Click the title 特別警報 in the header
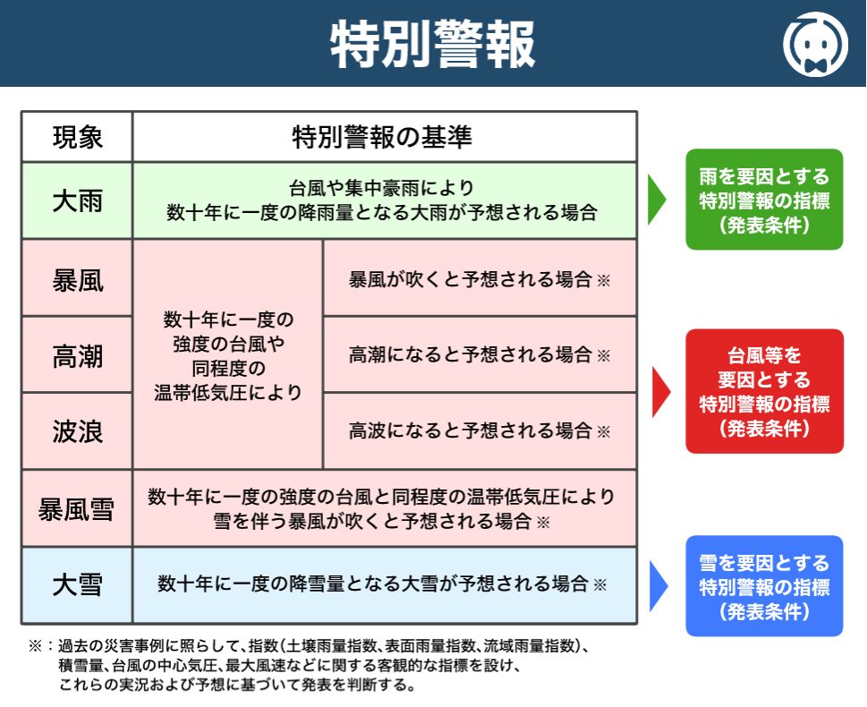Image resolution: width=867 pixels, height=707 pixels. [433, 44]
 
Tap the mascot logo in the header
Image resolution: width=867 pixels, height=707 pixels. [815, 43]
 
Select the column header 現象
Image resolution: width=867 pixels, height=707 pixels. [77, 137]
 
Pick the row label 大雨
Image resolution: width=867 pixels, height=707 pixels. [77, 200]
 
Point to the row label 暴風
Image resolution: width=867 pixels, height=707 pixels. [77, 279]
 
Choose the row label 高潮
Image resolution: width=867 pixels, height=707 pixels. [77, 355]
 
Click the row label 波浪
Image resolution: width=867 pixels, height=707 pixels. [77, 431]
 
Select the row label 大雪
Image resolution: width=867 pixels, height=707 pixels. [77, 585]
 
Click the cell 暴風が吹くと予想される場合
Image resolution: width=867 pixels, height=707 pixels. [479, 279]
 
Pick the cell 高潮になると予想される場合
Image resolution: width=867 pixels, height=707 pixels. [479, 355]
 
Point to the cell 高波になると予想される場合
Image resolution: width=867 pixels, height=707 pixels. [479, 431]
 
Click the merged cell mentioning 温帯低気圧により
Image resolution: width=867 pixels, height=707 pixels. [227, 355]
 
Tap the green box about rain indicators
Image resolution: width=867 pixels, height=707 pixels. [764, 200]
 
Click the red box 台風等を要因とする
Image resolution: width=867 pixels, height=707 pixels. [764, 391]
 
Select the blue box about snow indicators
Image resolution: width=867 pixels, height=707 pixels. [764, 586]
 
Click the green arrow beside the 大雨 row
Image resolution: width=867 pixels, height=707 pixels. [657, 200]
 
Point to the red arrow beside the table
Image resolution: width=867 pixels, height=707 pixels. [660, 391]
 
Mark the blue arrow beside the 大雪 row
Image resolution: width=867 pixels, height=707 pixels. [658, 586]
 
